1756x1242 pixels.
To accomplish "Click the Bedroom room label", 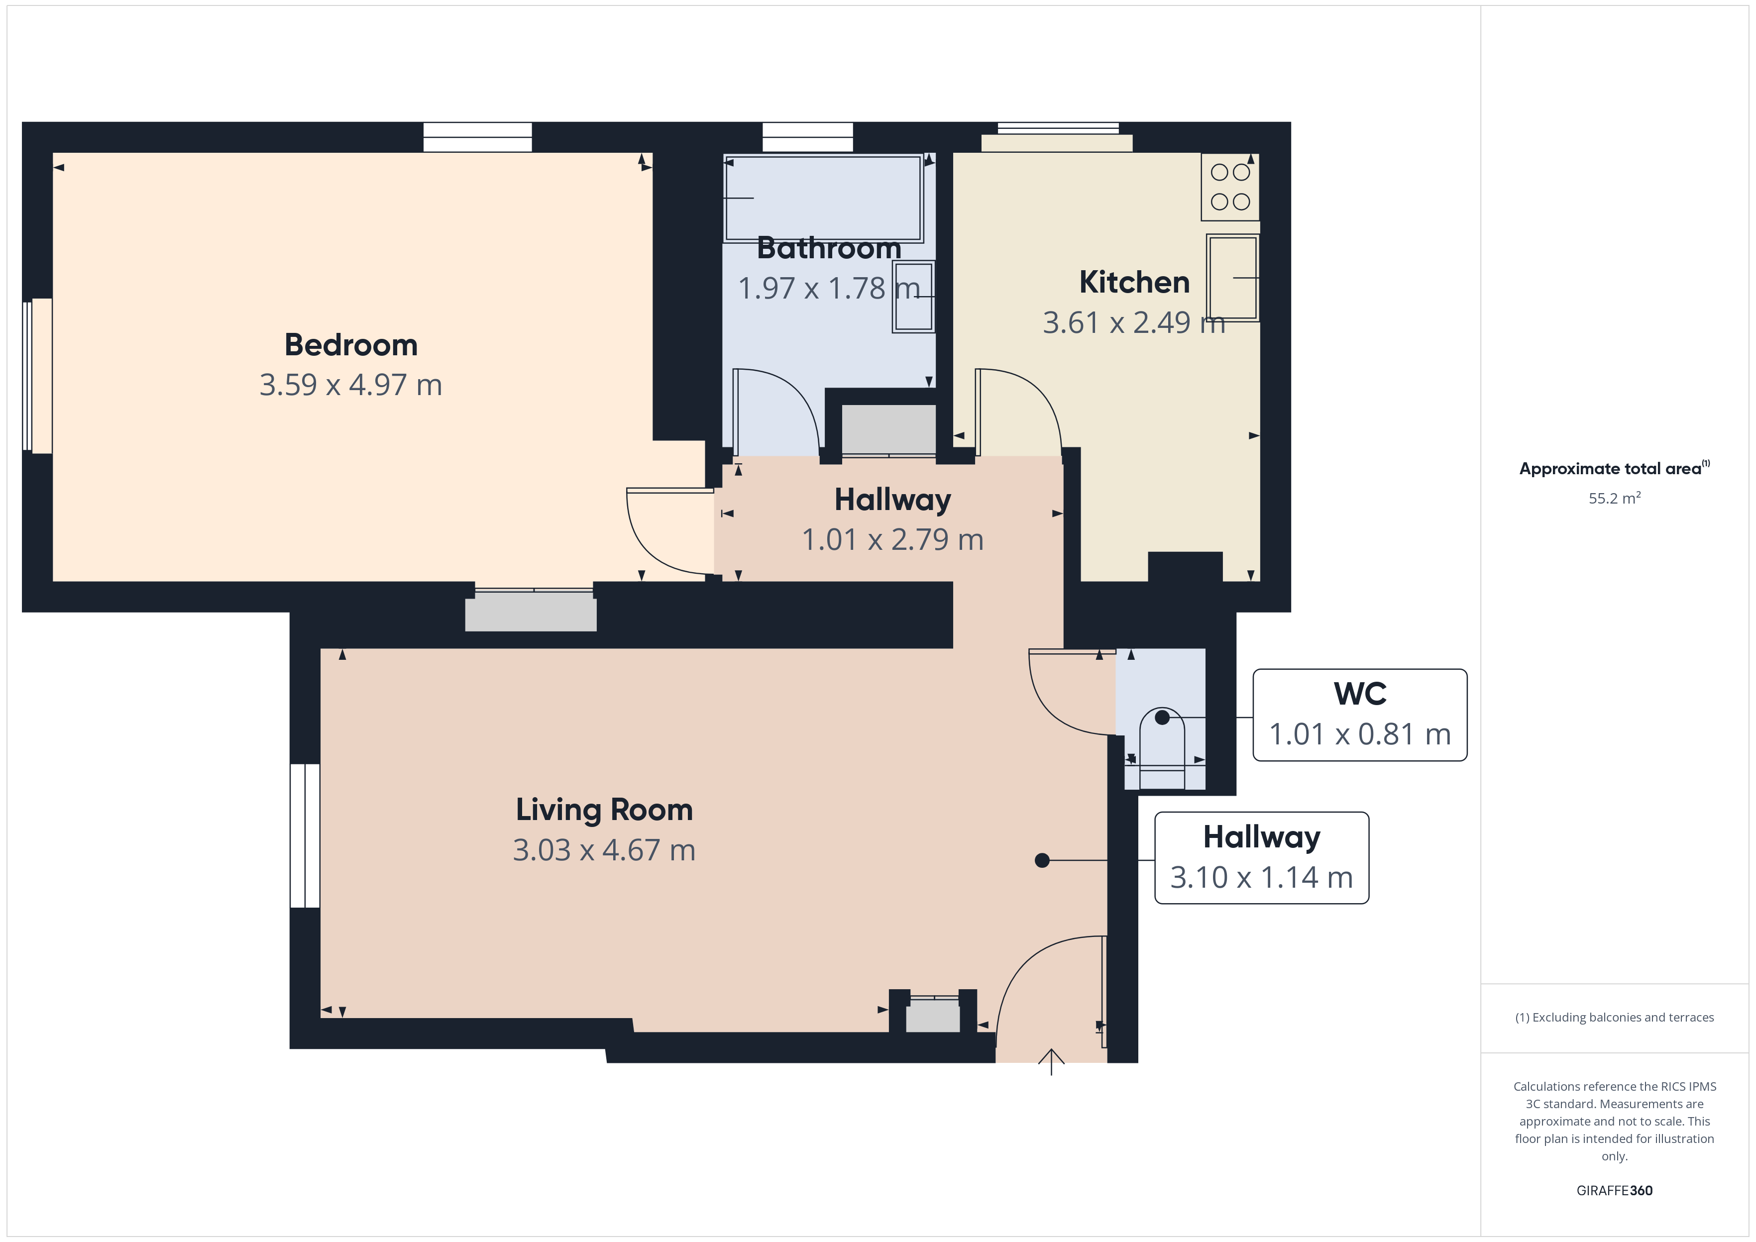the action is [x=351, y=345].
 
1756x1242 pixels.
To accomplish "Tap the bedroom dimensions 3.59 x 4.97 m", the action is [x=351, y=385].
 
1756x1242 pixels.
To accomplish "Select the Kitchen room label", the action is [x=1134, y=282].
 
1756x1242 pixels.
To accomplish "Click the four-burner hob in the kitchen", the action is [x=1230, y=187].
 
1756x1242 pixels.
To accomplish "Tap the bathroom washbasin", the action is [x=913, y=297].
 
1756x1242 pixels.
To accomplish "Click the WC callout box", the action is [x=1360, y=715].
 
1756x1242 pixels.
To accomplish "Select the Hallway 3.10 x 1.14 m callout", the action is [x=1261, y=857].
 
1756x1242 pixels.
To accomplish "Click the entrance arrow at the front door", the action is [x=1052, y=1061].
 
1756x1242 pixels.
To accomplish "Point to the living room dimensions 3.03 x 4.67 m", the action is [x=604, y=850].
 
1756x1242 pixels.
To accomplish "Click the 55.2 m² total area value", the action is [x=1615, y=498].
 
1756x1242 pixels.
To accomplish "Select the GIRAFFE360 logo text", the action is [x=1615, y=1190].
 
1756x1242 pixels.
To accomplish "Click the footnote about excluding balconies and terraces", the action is [x=1615, y=1017].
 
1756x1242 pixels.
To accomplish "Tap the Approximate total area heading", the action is [x=1615, y=468].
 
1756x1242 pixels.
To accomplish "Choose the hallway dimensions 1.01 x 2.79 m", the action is [x=892, y=540].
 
